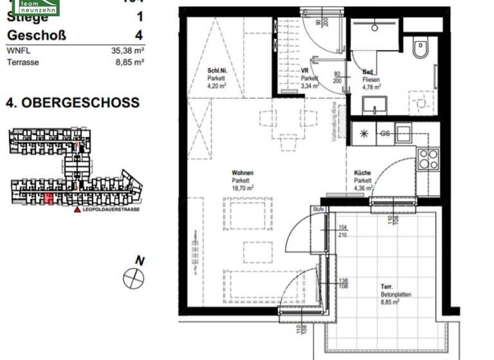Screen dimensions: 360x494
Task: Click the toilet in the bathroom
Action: [x=421, y=48]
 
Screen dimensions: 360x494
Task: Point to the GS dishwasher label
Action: [x=385, y=134]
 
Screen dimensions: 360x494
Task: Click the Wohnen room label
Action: [x=242, y=173]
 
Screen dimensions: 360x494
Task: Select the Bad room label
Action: [x=367, y=71]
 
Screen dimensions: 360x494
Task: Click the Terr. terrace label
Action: [x=387, y=288]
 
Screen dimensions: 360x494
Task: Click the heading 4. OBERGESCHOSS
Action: [x=73, y=103]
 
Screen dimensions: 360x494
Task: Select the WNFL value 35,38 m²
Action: [x=126, y=50]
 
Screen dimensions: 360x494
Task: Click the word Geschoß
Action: [x=36, y=35]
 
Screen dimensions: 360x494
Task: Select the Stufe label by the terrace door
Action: [x=318, y=210]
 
